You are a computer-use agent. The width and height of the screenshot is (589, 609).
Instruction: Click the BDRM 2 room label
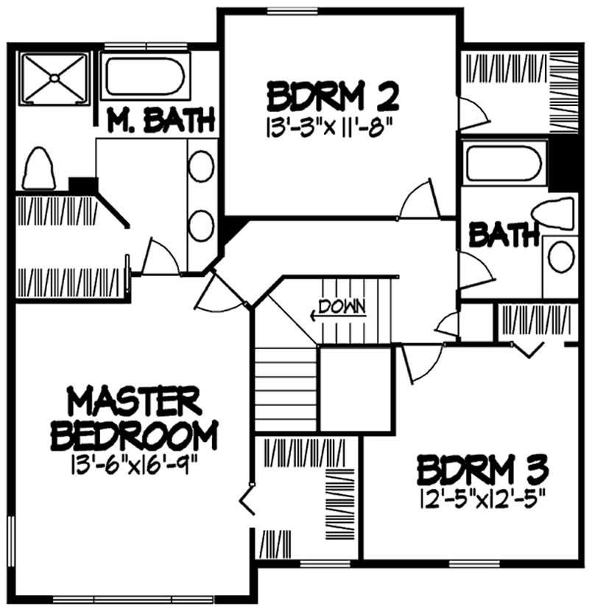coord(333,96)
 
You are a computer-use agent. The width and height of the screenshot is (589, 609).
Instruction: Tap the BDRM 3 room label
coord(485,469)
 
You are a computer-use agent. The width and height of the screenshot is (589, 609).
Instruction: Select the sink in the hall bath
coord(562,258)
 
